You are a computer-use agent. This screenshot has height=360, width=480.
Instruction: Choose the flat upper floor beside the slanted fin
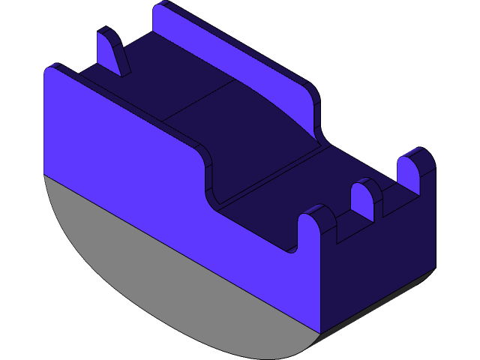[150, 82]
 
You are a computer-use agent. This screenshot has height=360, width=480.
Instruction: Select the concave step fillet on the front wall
[206, 176]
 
